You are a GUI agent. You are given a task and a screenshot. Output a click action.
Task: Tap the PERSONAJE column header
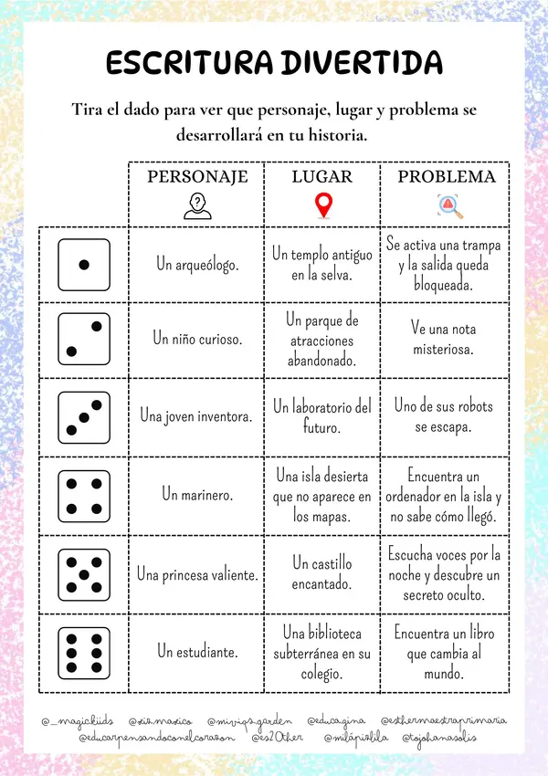197,176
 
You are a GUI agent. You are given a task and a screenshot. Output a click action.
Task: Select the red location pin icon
321,205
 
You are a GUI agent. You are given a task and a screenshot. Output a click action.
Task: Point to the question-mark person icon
196,206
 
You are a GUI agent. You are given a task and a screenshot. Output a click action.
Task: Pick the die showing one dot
84,265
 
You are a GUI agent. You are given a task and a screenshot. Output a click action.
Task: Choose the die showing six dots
84,652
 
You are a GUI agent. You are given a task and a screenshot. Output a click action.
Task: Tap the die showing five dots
84,574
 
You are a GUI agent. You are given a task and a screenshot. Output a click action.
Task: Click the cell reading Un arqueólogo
197,265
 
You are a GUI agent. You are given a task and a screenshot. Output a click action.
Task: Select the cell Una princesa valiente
197,574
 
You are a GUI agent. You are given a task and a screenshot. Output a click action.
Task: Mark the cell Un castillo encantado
321,573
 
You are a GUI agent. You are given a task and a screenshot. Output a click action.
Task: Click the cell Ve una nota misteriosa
443,339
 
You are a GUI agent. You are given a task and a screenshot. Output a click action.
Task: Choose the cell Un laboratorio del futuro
321,415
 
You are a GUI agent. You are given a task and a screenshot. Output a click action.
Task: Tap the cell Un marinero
197,495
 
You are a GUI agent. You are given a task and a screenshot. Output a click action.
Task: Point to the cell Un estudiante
197,652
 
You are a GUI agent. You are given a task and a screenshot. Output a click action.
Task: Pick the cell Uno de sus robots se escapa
445,415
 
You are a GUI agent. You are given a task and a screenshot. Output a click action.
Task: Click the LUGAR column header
321,176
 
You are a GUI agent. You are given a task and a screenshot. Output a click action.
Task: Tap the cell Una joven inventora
197,415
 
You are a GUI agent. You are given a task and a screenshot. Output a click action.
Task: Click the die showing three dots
84,415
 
